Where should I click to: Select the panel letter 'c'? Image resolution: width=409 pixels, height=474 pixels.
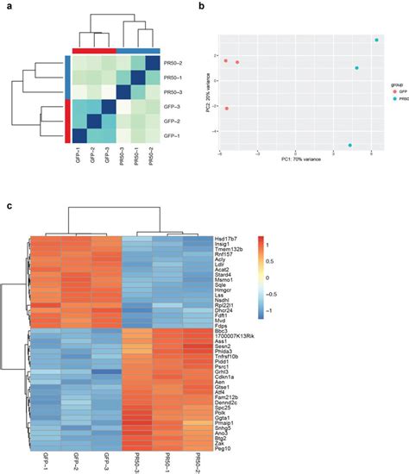pyautogui.click(x=8, y=204)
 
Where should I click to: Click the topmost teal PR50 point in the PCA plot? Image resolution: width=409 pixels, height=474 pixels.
pyautogui.click(x=376, y=40)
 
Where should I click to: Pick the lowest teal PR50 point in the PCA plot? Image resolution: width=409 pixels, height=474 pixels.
pyautogui.click(x=349, y=146)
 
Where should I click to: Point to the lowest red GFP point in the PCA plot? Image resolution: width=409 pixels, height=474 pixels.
pyautogui.click(x=227, y=109)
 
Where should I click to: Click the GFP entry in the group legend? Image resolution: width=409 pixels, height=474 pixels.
pyautogui.click(x=394, y=90)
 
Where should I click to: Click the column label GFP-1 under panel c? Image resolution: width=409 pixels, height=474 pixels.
pyautogui.click(x=42, y=460)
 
